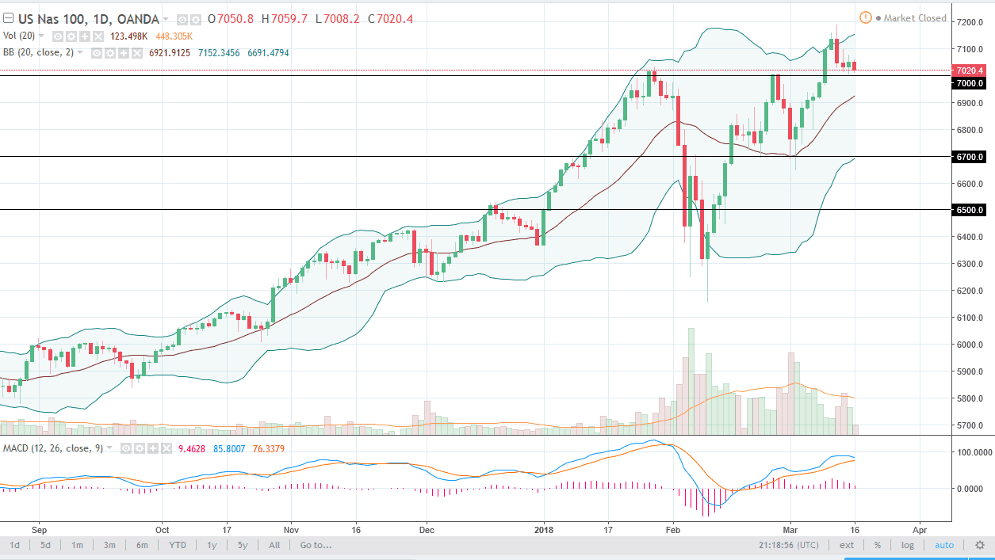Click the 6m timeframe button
point(142,545)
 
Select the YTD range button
point(178,545)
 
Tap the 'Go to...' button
point(316,545)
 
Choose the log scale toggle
point(907,545)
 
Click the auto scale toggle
point(943,545)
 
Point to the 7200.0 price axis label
point(971,22)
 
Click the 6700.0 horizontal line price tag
point(970,157)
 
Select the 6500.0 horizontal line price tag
point(970,210)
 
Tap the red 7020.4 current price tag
point(970,70)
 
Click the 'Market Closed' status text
point(915,18)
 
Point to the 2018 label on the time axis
point(544,528)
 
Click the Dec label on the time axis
point(427,528)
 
